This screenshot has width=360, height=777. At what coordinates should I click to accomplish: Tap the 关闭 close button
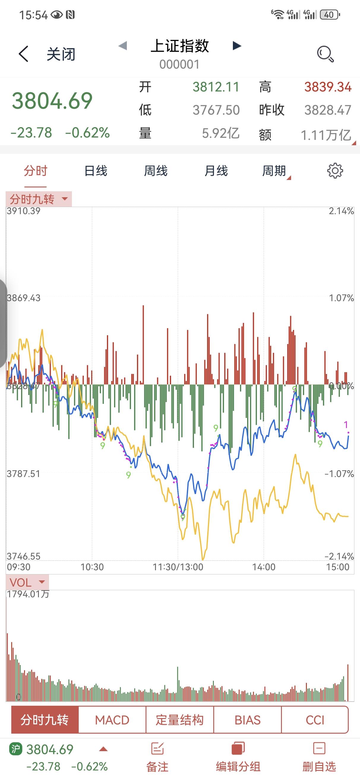coord(61,54)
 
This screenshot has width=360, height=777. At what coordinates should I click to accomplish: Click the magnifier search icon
coord(325,54)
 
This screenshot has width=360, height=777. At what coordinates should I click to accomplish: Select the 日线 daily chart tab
coord(96,171)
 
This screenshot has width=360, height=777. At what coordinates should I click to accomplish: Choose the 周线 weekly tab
coord(156,171)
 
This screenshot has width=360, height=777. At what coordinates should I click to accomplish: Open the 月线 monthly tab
coord(216,171)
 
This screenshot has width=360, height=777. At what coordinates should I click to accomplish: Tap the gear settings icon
coord(335,171)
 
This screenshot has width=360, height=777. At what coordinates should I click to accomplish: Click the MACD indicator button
coord(112,720)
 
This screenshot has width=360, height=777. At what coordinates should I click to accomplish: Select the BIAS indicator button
coord(247,720)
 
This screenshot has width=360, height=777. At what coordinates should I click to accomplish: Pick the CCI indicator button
coord(315,720)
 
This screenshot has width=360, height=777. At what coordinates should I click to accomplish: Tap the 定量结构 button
coord(179,720)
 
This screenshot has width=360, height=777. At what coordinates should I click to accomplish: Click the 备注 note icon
coord(157,749)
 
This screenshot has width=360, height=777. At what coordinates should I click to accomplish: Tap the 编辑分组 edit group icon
coord(238,749)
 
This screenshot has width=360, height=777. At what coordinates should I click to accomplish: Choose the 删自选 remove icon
coord(319,748)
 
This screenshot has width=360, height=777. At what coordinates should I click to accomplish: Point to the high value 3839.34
coord(328,87)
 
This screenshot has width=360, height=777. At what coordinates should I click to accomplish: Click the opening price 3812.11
coord(216,87)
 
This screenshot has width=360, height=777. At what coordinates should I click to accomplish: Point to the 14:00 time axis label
coord(264,567)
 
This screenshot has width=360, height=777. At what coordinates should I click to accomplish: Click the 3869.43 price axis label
coord(23,298)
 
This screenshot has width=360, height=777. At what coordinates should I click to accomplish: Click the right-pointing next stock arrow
coord(237,46)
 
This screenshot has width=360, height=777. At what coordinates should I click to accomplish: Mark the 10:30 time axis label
coord(92,567)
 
